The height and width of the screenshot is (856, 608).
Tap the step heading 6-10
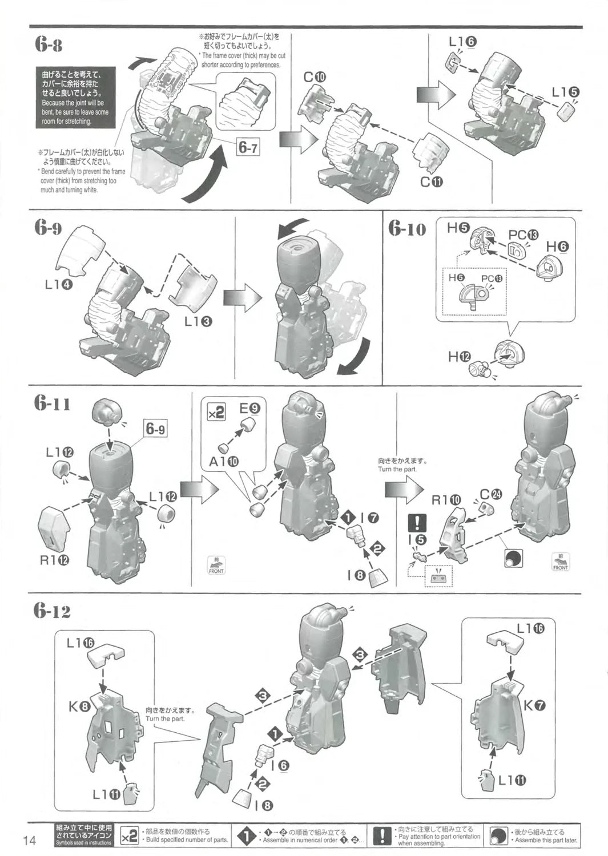(x=408, y=229)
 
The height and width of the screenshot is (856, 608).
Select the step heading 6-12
(x=52, y=611)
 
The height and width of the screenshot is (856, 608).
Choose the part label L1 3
(x=199, y=321)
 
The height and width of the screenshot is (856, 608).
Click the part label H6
(x=557, y=246)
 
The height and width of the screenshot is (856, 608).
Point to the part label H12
(x=459, y=357)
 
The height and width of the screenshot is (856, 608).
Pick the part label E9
(x=249, y=408)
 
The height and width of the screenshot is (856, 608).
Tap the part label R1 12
(x=54, y=560)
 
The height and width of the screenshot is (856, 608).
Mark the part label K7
(x=534, y=705)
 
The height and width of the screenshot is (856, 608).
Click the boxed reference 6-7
(x=248, y=148)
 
